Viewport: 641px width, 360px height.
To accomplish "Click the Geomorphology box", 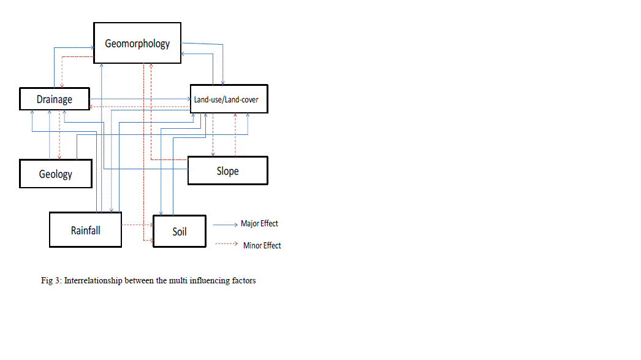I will click(x=137, y=43).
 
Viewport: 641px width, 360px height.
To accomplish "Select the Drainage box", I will click(x=54, y=99).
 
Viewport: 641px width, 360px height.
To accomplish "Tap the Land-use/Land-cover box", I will click(x=228, y=99).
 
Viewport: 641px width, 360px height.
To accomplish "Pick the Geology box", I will click(x=55, y=174).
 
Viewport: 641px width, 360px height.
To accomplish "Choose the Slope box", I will click(x=227, y=170).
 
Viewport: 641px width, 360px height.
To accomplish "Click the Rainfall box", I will click(x=85, y=230).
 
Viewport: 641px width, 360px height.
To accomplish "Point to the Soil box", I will click(x=179, y=231).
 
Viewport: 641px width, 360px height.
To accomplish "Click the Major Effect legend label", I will click(x=260, y=224).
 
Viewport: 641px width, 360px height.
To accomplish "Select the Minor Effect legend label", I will click(x=262, y=245).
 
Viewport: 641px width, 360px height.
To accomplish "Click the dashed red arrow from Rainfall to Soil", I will click(x=137, y=225).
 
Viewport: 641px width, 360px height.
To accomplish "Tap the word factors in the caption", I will click(x=244, y=281).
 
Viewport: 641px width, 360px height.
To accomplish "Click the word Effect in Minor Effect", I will click(x=271, y=245).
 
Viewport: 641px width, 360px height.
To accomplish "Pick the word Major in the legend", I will click(x=250, y=224).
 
